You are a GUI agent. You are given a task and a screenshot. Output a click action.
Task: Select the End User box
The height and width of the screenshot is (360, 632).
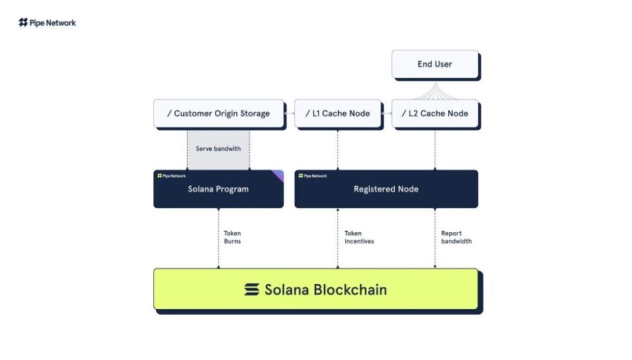435,64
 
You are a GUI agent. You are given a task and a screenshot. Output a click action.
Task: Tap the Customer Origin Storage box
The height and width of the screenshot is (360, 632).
219,114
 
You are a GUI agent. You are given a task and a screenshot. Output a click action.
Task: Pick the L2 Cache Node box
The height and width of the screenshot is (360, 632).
435,114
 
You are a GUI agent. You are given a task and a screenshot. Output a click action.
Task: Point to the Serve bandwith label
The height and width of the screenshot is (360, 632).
218,149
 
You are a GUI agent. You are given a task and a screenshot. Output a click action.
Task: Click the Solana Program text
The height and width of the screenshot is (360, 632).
218,189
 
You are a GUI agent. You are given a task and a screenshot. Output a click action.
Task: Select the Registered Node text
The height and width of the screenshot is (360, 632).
386,189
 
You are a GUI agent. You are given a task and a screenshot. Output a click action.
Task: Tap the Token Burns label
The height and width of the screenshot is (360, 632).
232,237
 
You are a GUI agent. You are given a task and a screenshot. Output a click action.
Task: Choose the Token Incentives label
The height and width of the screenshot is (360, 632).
358,237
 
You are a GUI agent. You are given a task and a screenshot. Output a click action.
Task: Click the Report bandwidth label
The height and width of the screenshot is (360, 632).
456,237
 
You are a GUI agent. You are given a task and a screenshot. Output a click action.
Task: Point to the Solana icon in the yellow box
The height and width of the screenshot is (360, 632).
252,290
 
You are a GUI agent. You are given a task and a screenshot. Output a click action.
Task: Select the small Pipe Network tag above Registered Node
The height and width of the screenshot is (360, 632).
313,176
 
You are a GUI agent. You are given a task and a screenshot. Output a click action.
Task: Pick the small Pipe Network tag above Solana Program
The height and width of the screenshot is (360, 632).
171,176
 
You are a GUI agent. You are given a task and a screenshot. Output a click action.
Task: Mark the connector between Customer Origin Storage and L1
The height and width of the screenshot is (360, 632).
289,114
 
